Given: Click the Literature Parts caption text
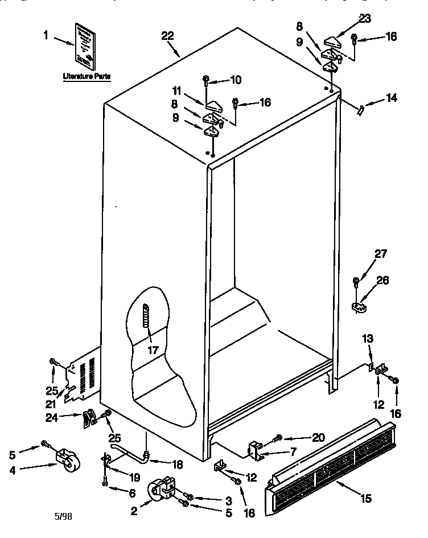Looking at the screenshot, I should [x=87, y=75].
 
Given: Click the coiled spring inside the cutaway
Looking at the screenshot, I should [x=146, y=315].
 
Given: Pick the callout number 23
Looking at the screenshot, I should [x=364, y=18].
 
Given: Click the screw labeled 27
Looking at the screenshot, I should [x=356, y=281].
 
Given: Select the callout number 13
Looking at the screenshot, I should [x=368, y=339].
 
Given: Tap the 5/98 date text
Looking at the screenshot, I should [x=64, y=518].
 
